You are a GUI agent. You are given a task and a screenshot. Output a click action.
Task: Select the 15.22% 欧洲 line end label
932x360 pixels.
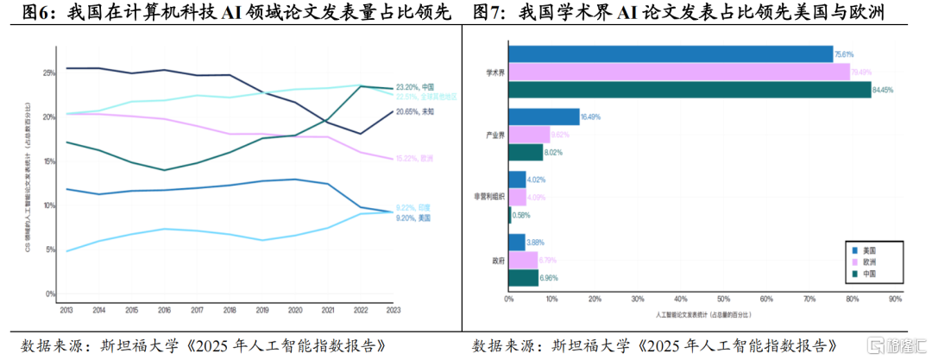pyautogui.click(x=414, y=158)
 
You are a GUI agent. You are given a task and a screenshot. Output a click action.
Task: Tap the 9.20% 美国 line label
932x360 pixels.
pyautogui.click(x=414, y=217)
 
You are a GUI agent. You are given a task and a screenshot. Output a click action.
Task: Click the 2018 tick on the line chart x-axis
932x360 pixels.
pyautogui.click(x=230, y=309)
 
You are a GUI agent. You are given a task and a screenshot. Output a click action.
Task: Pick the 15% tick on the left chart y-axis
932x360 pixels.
pyautogui.click(x=49, y=161)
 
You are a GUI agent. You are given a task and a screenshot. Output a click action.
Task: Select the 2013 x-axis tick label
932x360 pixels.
pyautogui.click(x=66, y=309)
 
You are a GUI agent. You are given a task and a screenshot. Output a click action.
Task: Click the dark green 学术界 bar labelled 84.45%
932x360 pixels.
pyautogui.click(x=690, y=90)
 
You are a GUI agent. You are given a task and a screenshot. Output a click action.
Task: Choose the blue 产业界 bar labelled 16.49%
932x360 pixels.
pyautogui.click(x=544, y=117)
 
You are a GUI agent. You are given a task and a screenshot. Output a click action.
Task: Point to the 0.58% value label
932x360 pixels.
pyautogui.click(x=521, y=215)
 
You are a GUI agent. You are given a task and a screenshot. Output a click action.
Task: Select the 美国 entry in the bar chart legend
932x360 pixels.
pyautogui.click(x=868, y=248)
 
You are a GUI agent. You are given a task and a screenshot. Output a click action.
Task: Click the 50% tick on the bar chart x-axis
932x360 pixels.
pyautogui.click(x=722, y=300)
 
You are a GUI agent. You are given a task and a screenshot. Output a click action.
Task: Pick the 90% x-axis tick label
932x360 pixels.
pyautogui.click(x=894, y=300)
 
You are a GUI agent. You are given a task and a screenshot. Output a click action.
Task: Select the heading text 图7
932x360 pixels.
pyautogui.click(x=490, y=13)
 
